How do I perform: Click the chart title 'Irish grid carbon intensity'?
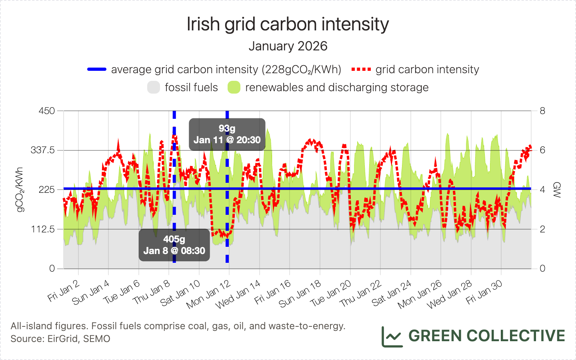[x=288, y=24]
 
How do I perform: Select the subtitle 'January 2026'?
[x=288, y=46]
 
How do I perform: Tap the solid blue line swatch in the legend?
[x=97, y=70]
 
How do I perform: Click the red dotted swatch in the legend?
[x=361, y=70]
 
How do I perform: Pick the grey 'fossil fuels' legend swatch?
[x=154, y=88]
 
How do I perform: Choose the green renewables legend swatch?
[x=234, y=88]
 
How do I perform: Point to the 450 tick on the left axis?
[x=47, y=111]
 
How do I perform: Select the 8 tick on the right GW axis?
[x=542, y=111]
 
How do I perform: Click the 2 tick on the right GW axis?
[x=542, y=229]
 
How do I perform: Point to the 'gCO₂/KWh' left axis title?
[x=19, y=190]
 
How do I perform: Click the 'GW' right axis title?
[x=556, y=190]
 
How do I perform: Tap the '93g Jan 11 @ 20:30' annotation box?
[x=227, y=134]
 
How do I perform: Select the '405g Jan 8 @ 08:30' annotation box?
[x=174, y=245]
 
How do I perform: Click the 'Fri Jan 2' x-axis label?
[x=64, y=291]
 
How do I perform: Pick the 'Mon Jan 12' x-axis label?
[x=209, y=294]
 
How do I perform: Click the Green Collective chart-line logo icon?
[x=392, y=336]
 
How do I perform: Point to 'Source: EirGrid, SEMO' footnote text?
[x=60, y=339]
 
